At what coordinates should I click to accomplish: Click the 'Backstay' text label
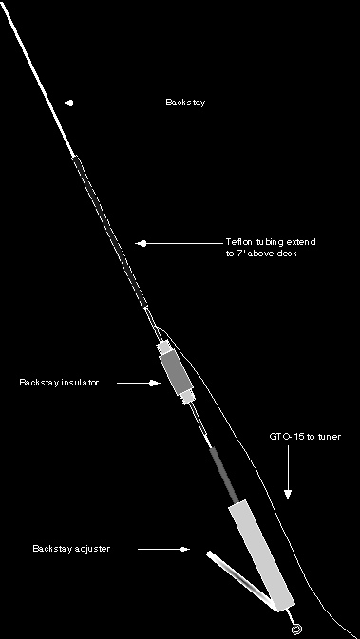coord(185,103)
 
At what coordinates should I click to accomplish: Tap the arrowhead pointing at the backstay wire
coord(68,103)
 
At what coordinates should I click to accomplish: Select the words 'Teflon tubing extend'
coord(271,242)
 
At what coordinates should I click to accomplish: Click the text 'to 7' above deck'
coord(261,254)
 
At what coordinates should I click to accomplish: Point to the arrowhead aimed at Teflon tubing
coord(142,244)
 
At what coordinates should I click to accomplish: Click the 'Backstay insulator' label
coord(59,383)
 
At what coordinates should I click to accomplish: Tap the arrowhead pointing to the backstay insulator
coord(155,383)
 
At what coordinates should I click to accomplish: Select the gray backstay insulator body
coord(176,374)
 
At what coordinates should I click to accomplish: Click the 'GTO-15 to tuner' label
coord(305,437)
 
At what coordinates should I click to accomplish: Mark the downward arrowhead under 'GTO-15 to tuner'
coord(288,495)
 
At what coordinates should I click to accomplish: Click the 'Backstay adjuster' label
coord(71,549)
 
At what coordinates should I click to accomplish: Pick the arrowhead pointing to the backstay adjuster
coord(184,550)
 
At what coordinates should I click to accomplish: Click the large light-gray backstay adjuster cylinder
coord(261,555)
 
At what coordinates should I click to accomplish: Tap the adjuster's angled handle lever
coord(239,578)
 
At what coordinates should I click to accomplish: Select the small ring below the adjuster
coord(296,630)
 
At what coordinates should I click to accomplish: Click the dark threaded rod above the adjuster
coord(224,475)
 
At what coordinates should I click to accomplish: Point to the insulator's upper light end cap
coord(164,348)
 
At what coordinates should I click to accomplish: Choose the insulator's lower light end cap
coord(188,397)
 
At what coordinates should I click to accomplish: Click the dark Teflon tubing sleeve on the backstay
coord(110,232)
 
